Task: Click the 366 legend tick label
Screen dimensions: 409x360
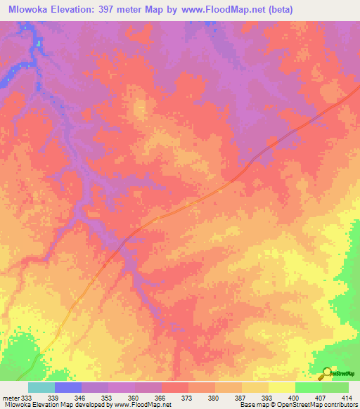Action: (x=161, y=398)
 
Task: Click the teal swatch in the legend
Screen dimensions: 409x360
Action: (x=41, y=387)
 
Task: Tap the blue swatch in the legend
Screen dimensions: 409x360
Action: (x=68, y=387)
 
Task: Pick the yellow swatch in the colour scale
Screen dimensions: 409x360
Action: (x=282, y=387)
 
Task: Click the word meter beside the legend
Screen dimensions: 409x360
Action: (x=11, y=398)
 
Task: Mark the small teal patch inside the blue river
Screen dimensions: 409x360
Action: (x=39, y=43)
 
